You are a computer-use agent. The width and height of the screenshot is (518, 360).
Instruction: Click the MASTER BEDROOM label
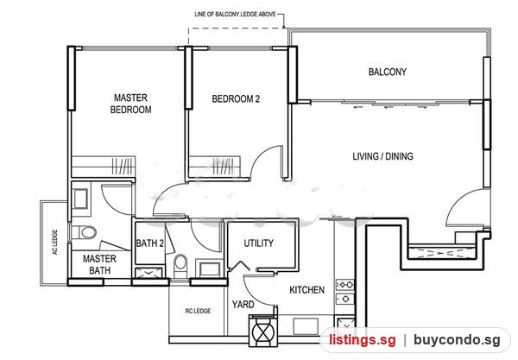pos(131,104)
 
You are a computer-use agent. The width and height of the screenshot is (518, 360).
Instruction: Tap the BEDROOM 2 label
pos(236,98)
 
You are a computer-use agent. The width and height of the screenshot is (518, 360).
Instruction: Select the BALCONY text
pos(388,72)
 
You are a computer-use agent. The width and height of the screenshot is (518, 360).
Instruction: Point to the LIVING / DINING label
pos(382,156)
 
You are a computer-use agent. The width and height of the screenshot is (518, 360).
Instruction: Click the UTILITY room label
pos(259,243)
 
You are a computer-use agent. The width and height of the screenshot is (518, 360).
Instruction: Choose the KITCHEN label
pos(306,290)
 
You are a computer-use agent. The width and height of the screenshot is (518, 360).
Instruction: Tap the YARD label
pos(243,304)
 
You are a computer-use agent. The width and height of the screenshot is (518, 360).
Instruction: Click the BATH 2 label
pos(150,243)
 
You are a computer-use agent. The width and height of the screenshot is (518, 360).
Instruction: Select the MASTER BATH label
pos(99,264)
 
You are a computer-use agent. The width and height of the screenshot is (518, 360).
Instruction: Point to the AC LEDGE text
pos(55,242)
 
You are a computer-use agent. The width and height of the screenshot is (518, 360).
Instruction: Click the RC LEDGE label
pos(198,311)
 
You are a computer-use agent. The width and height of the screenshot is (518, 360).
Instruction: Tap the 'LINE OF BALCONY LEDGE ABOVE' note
pos(235,14)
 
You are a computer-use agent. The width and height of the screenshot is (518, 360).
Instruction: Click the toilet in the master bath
pos(85,232)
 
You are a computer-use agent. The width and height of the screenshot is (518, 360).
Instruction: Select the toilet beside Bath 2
pos(180,266)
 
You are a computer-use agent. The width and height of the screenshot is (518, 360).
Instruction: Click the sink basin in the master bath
pos(80,199)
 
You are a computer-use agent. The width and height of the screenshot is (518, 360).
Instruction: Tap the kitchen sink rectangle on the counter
pos(306,325)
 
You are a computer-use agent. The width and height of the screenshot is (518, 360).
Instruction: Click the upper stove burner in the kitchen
pos(345,284)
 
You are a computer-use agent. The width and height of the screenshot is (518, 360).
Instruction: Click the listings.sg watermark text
pos(362,340)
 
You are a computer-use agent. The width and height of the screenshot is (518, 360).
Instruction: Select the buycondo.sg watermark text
pos(458,339)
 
